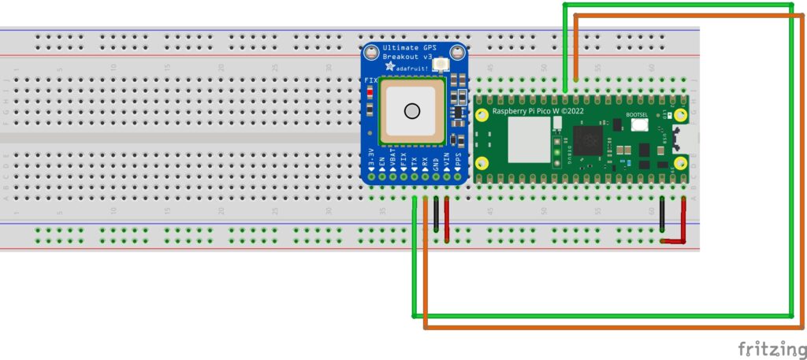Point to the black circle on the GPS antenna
[411, 111]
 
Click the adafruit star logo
[389, 69]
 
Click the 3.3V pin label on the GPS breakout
[371, 161]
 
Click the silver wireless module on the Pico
[529, 143]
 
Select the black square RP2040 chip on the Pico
[589, 141]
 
